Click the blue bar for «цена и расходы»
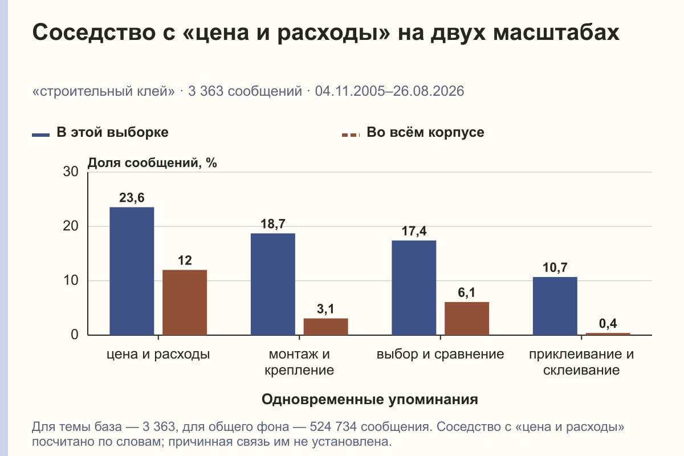pos(132,271)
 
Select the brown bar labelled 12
pos(185,302)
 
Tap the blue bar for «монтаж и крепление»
pos(272,284)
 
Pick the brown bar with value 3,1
pos(325,327)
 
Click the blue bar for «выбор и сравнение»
pos(414,288)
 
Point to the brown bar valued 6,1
pos(467,319)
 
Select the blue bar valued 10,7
pos(555,306)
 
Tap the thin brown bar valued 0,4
pos(608,334)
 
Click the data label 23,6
pos(132,198)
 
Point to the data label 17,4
pos(414,231)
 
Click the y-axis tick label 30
pos(71,172)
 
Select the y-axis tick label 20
pos(71,226)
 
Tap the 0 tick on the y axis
pos(75,335)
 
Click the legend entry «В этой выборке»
pos(100,133)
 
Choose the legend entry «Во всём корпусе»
pos(413,133)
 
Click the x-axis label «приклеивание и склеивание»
pos(581,362)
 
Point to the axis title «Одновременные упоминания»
pos(369,400)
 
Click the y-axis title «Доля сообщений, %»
pos(152,163)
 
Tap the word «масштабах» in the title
pos(556,32)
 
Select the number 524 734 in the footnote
pos(333,427)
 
